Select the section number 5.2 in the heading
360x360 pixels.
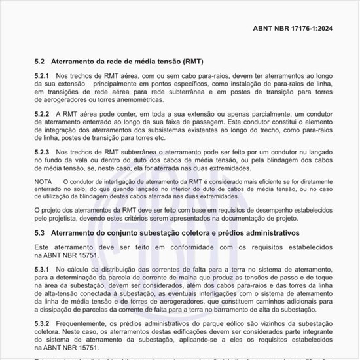(40, 62)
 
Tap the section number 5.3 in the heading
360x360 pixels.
(40, 232)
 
